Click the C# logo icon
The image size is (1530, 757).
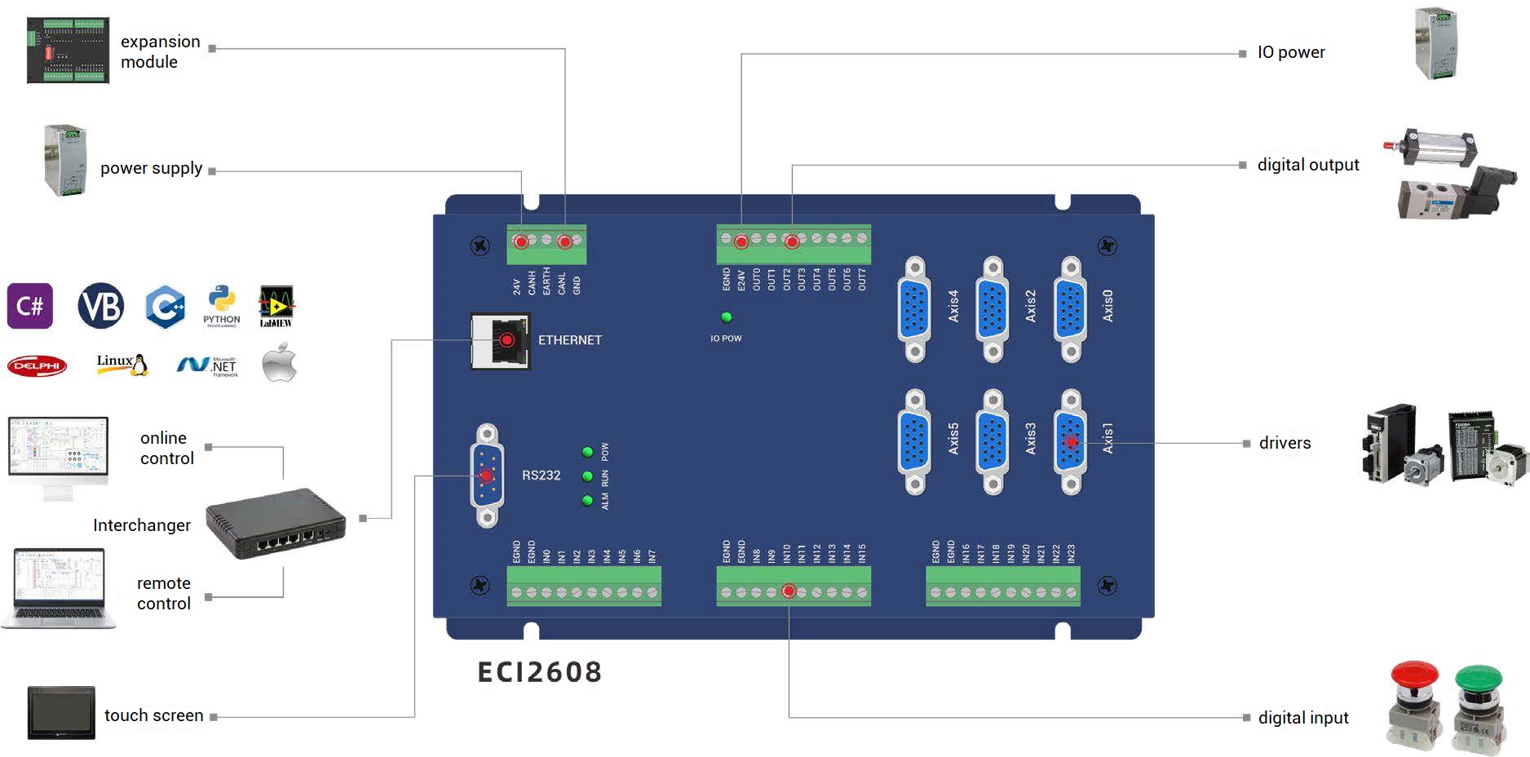click(x=30, y=306)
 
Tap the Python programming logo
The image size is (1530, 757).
click(x=222, y=306)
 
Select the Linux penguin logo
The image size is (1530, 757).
click(x=122, y=364)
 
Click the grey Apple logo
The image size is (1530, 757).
click(x=280, y=364)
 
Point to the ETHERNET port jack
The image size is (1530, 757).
click(x=501, y=340)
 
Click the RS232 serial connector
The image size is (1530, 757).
click(x=487, y=476)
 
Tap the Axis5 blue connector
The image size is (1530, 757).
click(x=914, y=441)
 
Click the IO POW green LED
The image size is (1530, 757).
click(x=726, y=317)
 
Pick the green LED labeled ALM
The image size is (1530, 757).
click(x=587, y=501)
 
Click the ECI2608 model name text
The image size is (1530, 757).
click(x=540, y=672)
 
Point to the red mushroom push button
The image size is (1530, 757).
click(x=1413, y=706)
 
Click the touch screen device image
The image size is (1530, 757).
click(x=61, y=713)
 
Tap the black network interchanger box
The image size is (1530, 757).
click(x=276, y=524)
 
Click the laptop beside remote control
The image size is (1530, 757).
click(x=59, y=588)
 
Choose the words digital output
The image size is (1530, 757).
click(x=1308, y=165)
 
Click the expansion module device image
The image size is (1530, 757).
click(x=68, y=50)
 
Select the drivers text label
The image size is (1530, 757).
click(x=1285, y=443)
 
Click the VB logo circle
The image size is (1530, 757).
click(x=101, y=306)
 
